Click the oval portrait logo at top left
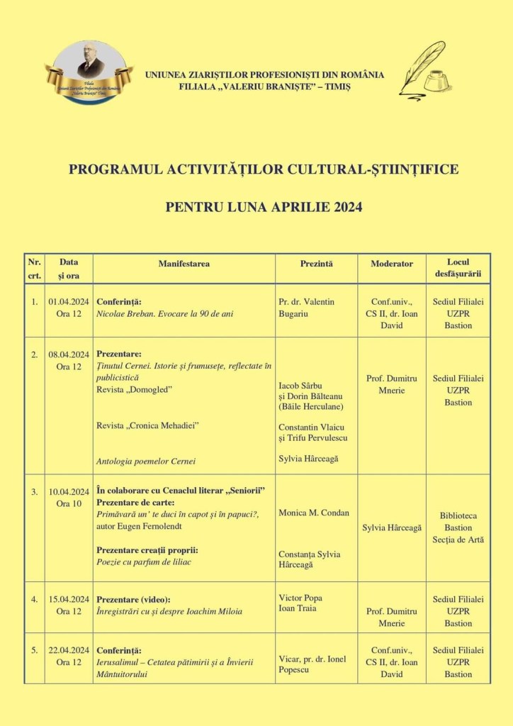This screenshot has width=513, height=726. pos(89,72)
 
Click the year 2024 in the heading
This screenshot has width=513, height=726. pos(341,207)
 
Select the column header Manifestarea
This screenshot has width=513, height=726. pos(184,264)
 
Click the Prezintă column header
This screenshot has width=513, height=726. pos(316,264)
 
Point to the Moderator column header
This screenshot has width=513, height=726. pos(391,264)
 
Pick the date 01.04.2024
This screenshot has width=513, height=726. pos(69,302)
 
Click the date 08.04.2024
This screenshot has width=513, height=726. pos(69,354)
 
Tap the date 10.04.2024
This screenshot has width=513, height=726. pos(69,492)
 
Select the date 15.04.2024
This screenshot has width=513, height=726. pos(69,599)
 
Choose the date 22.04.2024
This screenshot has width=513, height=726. pos(69,650)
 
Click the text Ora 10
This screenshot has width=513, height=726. pos(69,504)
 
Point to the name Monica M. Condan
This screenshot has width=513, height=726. pos(314,513)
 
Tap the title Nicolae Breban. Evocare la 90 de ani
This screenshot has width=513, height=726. pos(164,313)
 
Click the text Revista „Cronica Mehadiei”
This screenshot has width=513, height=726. pos(147,425)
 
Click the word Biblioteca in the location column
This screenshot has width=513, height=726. pos(458,515)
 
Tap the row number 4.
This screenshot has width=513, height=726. pos(34,599)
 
